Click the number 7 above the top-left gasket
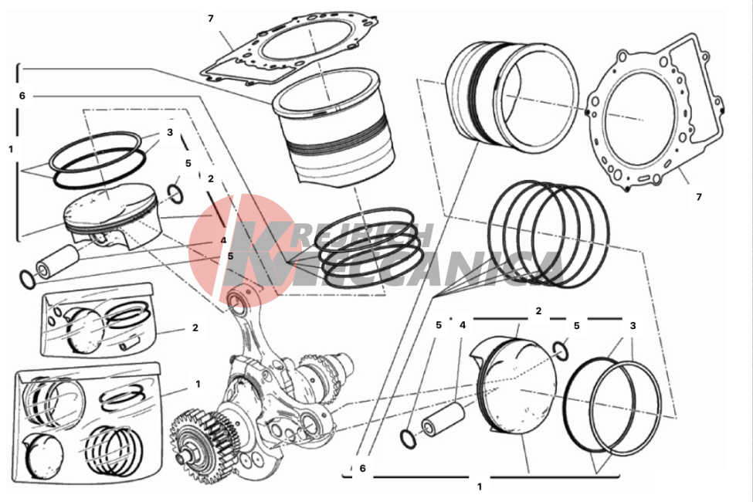(x=210, y=19)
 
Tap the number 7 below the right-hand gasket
(x=699, y=196)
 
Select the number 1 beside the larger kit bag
(x=198, y=384)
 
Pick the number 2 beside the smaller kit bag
(x=195, y=327)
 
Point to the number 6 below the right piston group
(x=362, y=468)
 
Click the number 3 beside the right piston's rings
(x=633, y=325)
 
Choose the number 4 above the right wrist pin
(x=463, y=324)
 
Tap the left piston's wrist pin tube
(x=58, y=261)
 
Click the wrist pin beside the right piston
(x=443, y=419)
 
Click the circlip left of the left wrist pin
(x=27, y=280)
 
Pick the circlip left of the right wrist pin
(x=409, y=439)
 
